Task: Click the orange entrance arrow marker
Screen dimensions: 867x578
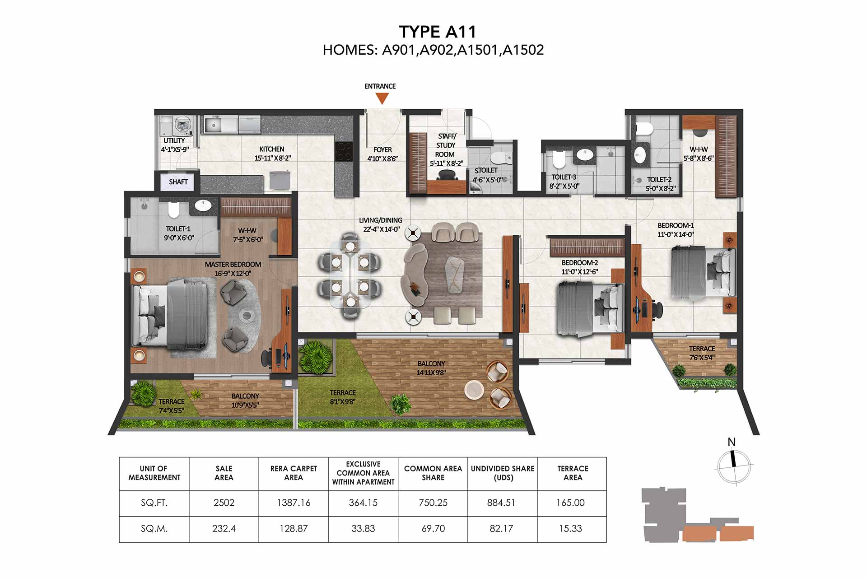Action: [x=382, y=98]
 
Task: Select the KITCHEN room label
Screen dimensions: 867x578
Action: [x=272, y=149]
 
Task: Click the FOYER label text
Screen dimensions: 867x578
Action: [x=382, y=149]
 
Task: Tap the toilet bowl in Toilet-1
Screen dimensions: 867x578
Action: [x=173, y=210]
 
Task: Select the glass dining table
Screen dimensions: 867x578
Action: [x=350, y=274]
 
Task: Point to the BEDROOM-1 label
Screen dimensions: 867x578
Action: [x=676, y=225]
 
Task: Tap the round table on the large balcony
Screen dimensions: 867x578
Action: [x=474, y=390]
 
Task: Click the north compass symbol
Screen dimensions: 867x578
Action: [x=734, y=466]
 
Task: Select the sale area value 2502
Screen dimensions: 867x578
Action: [x=224, y=503]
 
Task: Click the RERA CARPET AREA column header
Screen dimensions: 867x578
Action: [x=294, y=473]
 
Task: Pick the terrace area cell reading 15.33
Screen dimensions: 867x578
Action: [x=570, y=528]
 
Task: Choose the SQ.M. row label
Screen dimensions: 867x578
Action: [x=154, y=528]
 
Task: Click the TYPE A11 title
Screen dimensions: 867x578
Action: [x=438, y=32]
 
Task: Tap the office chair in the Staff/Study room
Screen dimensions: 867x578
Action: [x=447, y=175]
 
